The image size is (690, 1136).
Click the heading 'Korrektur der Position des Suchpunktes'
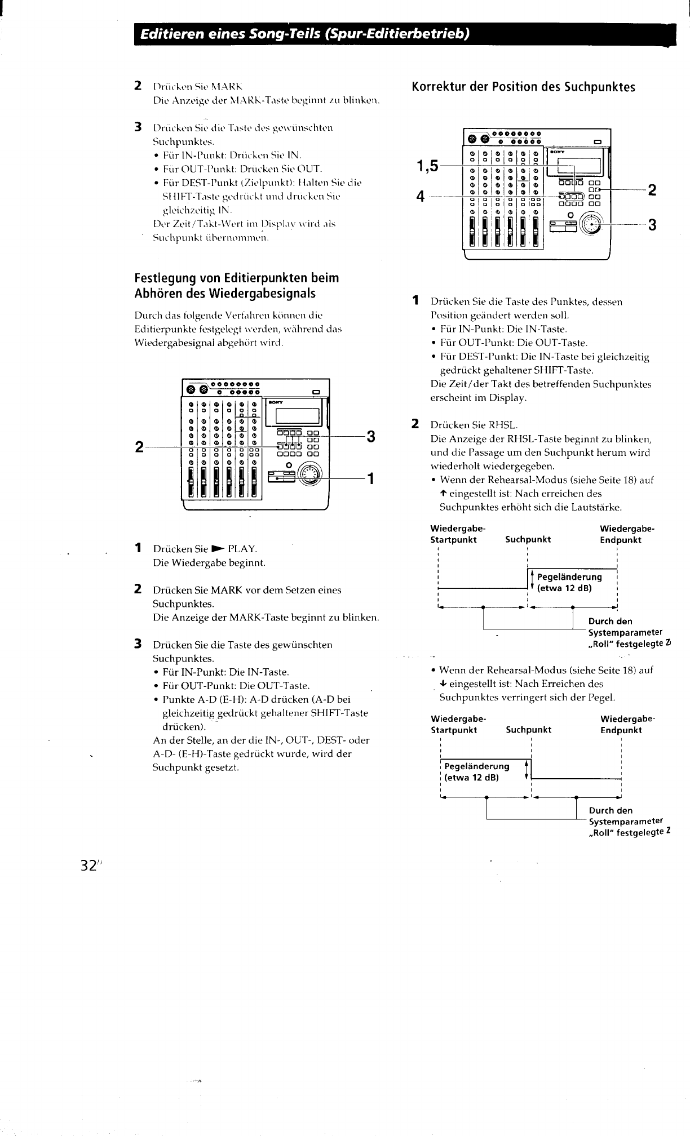[x=523, y=87]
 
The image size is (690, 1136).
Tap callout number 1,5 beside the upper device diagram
[x=427, y=166]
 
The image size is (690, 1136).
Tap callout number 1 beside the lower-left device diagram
[x=370, y=479]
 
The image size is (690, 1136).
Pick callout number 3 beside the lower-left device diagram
[x=371, y=437]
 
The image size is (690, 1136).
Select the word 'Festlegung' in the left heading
[x=164, y=278]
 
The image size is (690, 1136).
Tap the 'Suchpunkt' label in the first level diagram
[x=528, y=539]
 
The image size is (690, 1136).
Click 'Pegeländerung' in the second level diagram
[x=477, y=766]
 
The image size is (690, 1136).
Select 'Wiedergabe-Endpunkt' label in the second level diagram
[x=621, y=724]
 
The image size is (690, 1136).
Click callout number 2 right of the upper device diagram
[x=652, y=190]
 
